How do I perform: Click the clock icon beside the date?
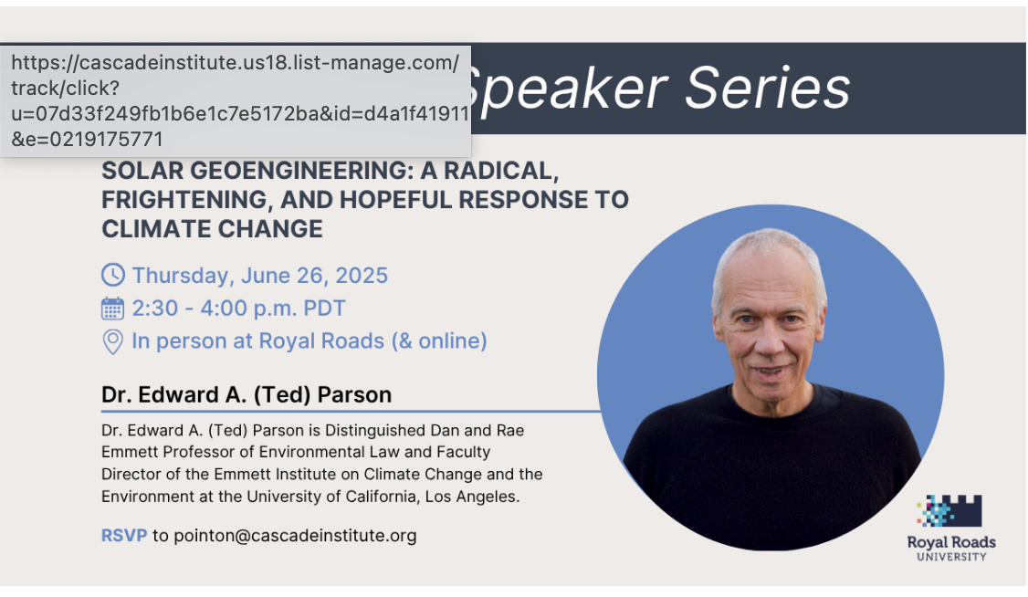[x=113, y=275]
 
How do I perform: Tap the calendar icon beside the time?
[x=113, y=308]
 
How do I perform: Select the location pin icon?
[x=113, y=341]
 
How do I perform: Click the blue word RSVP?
[x=124, y=536]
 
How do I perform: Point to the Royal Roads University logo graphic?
[x=949, y=510]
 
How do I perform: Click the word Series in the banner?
[x=768, y=89]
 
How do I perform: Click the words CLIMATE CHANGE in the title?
[x=212, y=229]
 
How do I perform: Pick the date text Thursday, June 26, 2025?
[x=259, y=276]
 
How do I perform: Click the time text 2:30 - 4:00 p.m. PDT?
[x=238, y=308]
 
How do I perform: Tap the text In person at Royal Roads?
[x=257, y=340]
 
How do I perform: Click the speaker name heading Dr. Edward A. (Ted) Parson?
[x=247, y=394]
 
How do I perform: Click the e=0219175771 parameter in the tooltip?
[x=88, y=139]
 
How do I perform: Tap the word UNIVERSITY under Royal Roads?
[x=951, y=557]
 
